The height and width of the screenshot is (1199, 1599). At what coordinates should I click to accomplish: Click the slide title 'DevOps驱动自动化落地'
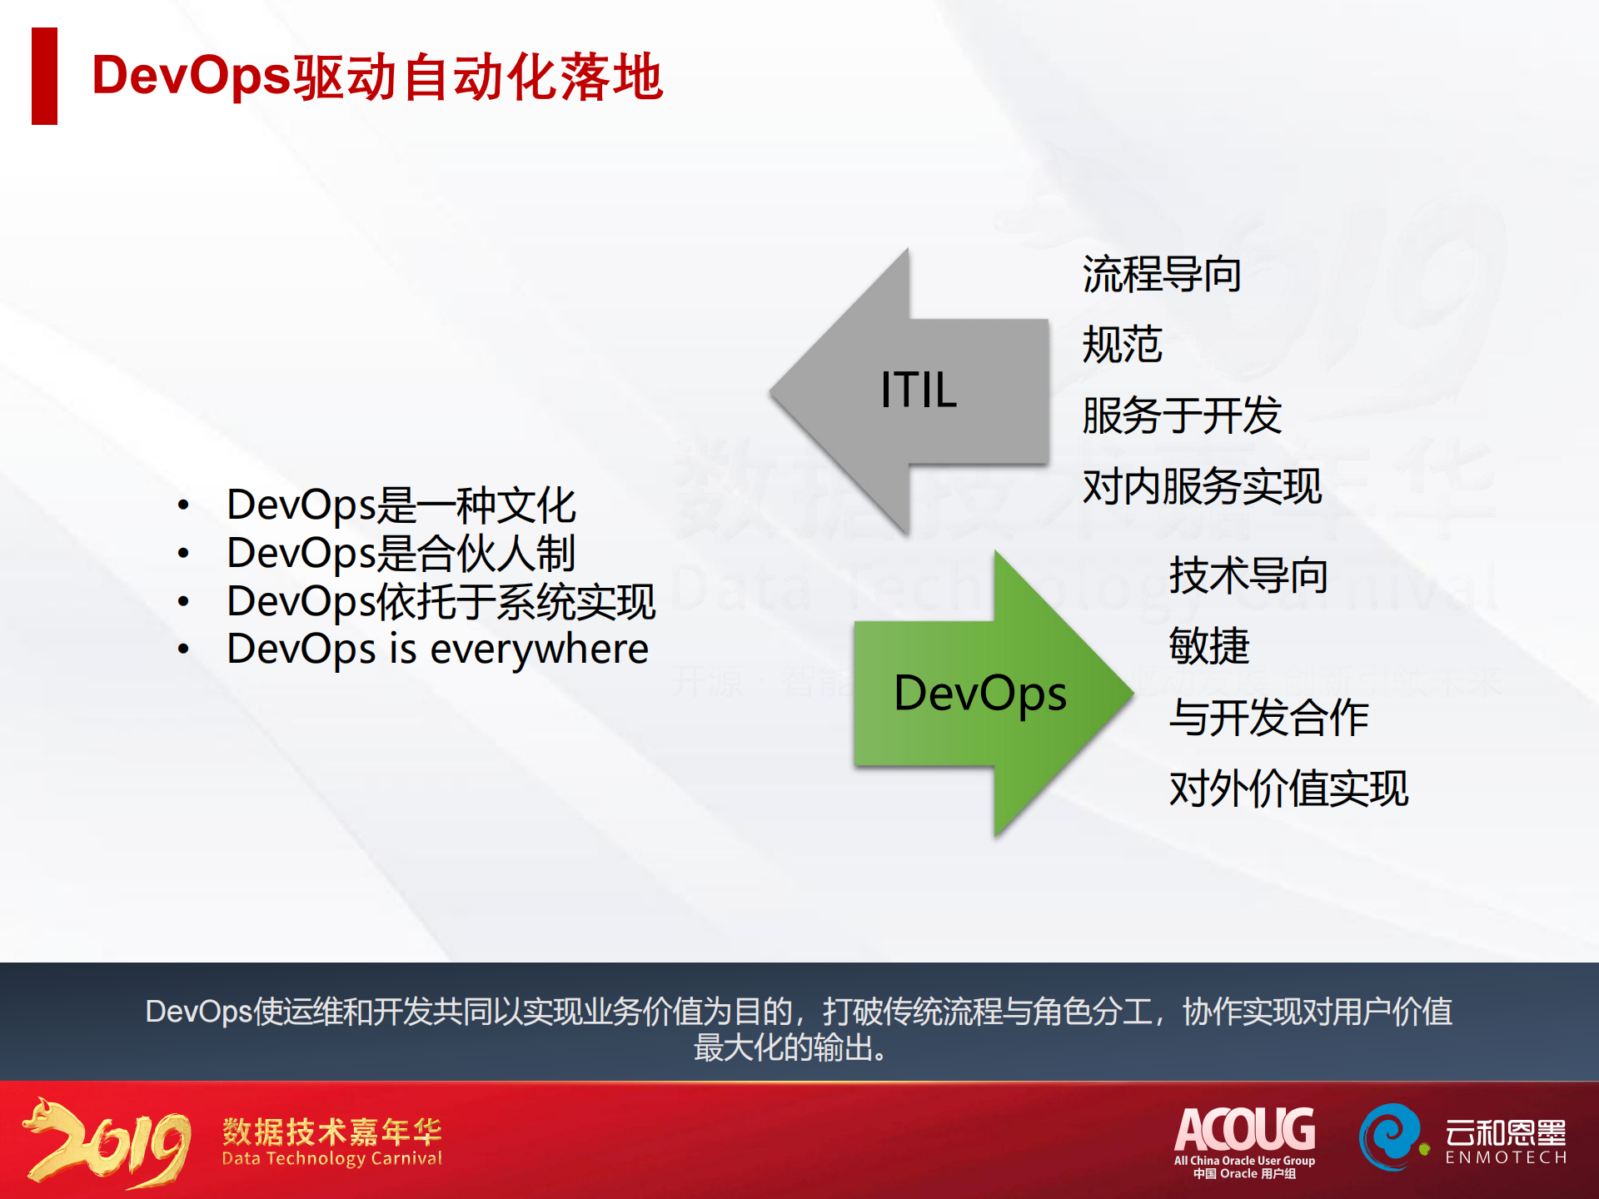point(377,77)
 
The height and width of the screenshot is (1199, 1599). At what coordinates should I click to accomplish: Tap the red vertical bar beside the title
point(44,76)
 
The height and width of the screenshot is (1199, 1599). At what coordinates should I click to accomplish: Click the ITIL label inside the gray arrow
point(919,390)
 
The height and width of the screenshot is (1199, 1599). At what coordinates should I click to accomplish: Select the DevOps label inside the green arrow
point(980,694)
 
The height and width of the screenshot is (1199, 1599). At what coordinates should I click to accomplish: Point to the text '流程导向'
point(1162,274)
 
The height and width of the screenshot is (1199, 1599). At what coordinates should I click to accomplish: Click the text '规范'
point(1122,345)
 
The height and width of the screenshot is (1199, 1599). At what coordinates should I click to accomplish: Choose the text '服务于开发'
point(1182,415)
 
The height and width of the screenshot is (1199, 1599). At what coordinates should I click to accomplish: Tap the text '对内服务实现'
point(1202,486)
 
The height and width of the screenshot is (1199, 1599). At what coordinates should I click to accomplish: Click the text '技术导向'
point(1248,575)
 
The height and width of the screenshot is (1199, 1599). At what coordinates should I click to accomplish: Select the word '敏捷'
point(1208,646)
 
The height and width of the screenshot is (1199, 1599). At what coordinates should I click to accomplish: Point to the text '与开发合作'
point(1268,717)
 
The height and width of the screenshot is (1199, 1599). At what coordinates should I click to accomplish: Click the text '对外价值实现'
point(1288,788)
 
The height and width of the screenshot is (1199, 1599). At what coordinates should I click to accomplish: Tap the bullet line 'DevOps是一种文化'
point(401,505)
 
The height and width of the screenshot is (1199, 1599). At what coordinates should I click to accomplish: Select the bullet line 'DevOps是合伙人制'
point(401,553)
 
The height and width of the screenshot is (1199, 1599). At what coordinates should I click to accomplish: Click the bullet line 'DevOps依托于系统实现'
point(441,601)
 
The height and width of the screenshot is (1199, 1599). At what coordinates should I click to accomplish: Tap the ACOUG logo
point(1244,1142)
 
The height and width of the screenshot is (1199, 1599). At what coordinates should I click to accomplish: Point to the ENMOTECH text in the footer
point(1506,1157)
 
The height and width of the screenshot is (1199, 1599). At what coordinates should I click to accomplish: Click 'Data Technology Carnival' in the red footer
point(331,1158)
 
